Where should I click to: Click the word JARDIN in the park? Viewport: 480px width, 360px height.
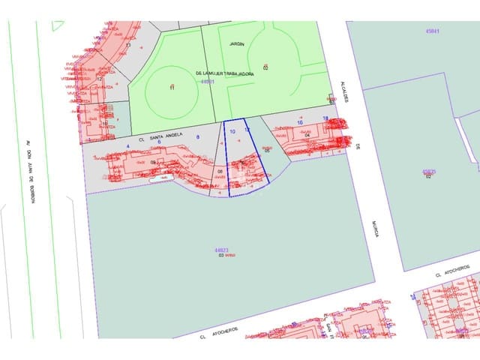237,44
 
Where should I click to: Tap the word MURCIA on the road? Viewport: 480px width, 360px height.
374,228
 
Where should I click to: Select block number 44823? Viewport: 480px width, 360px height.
220,250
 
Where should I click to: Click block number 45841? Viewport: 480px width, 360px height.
430,31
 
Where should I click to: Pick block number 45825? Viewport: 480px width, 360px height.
429,171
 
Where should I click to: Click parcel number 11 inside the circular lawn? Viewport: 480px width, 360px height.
172,88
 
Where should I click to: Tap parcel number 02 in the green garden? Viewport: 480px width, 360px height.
265,67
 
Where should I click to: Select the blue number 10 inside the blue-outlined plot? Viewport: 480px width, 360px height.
233,132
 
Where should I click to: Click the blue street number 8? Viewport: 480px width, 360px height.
197,137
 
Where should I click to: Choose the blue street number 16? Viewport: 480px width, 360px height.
300,122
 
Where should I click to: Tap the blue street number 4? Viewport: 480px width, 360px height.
128,145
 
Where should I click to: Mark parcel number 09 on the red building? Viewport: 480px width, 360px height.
154,162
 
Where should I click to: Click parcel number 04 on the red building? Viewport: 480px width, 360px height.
307,134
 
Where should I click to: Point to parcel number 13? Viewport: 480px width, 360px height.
128,46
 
